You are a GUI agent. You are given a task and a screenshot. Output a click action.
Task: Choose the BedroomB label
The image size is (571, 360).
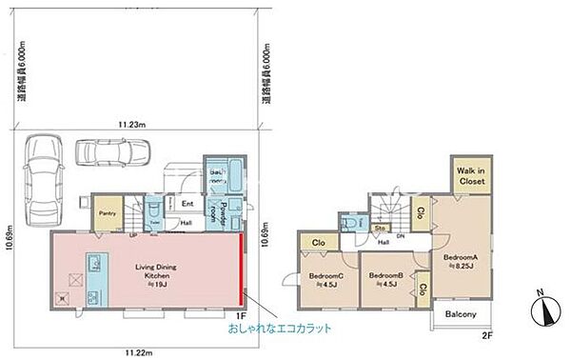(385, 278)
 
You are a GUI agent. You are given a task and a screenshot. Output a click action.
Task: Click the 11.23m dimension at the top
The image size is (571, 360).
(130, 124)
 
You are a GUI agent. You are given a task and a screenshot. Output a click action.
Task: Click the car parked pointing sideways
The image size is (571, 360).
(106, 151)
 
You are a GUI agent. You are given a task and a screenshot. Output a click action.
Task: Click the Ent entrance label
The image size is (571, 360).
(188, 202)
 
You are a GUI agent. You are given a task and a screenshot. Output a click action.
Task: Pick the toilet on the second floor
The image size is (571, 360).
(354, 221)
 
